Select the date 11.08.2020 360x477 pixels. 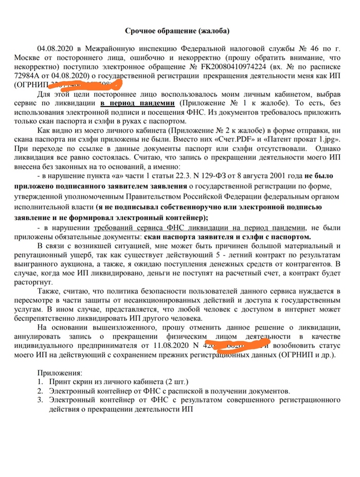click(x=171, y=346)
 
